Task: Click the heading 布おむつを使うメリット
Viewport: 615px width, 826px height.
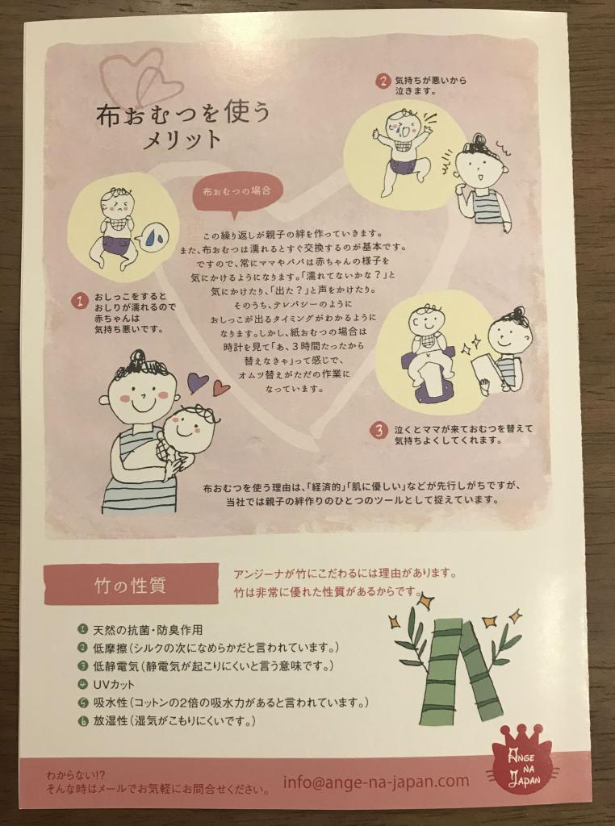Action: [x=183, y=125]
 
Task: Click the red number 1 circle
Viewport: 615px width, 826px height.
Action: [x=80, y=302]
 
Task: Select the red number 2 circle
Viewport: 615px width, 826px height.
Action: [x=383, y=81]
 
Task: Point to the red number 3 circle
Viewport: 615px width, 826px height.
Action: [x=379, y=432]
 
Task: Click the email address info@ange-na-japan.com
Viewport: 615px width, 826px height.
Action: [x=376, y=781]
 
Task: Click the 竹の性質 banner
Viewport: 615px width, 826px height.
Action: [x=131, y=585]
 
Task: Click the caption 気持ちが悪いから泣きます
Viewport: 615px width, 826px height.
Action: [x=430, y=86]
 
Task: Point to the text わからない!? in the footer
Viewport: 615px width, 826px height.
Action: [x=76, y=776]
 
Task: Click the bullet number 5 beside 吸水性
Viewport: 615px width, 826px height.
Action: [x=82, y=703]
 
